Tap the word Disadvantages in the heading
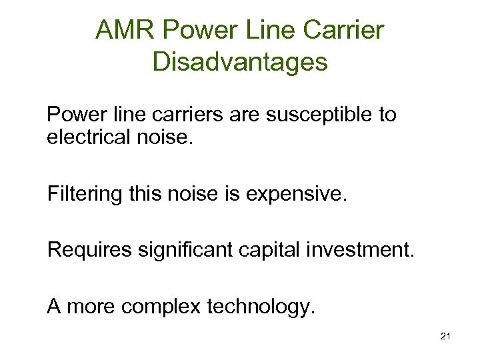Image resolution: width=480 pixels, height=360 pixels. click(x=240, y=62)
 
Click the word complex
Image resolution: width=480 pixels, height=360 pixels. click(x=164, y=307)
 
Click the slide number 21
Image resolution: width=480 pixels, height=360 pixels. click(x=445, y=337)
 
